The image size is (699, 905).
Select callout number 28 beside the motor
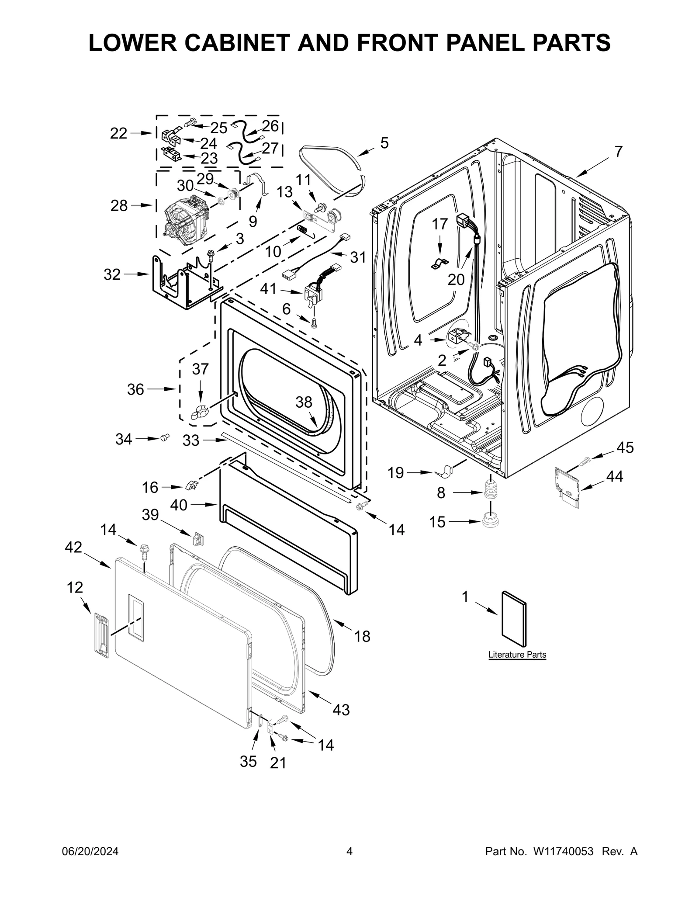pos(119,205)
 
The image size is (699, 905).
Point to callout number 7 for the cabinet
pos(618,152)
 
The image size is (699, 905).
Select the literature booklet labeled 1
pos(514,619)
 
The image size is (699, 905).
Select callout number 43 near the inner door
pos(341,710)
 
